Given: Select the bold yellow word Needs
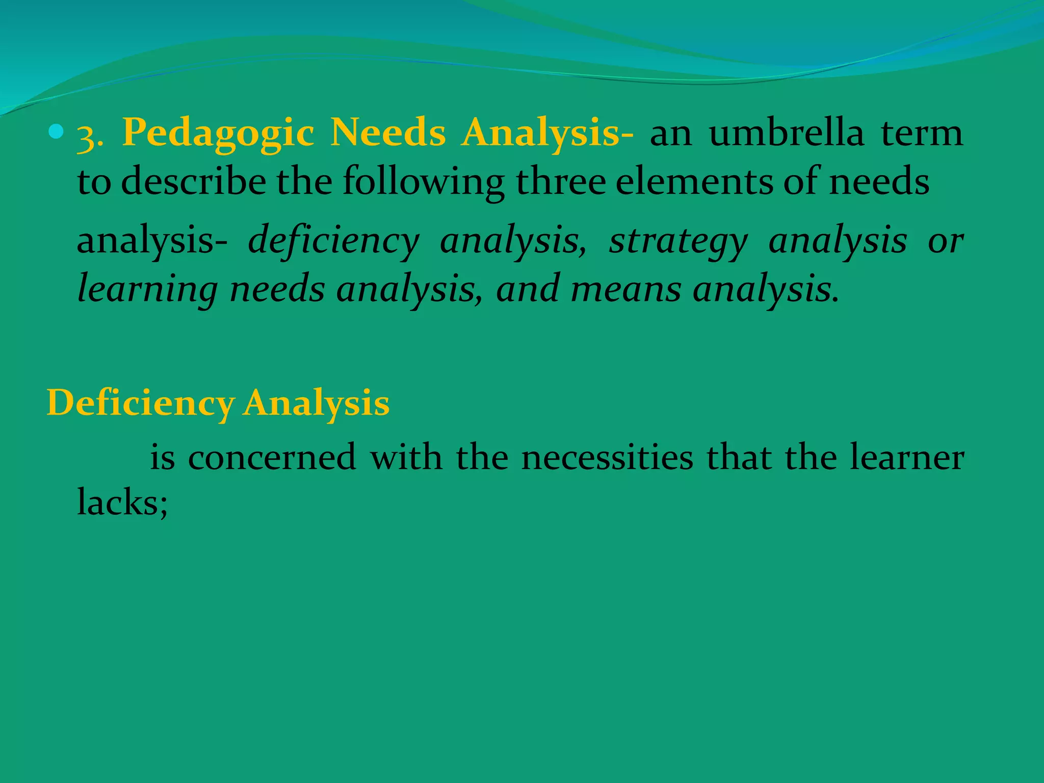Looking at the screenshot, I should pos(388,133).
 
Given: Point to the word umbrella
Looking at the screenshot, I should pos(786,133).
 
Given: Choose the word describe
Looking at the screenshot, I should pos(194,181).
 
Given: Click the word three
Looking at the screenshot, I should pos(561,181).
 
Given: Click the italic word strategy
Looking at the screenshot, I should pos(678,242).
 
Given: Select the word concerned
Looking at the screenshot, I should pos(272,457).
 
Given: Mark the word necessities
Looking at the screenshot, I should pos(607,457).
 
